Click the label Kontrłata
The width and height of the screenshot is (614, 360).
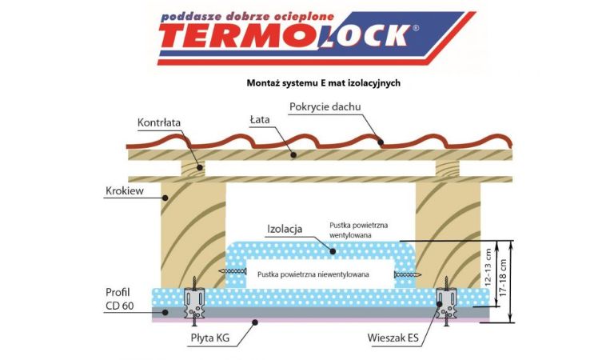pos(160,123)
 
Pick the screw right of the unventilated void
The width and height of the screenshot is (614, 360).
pos(406,275)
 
